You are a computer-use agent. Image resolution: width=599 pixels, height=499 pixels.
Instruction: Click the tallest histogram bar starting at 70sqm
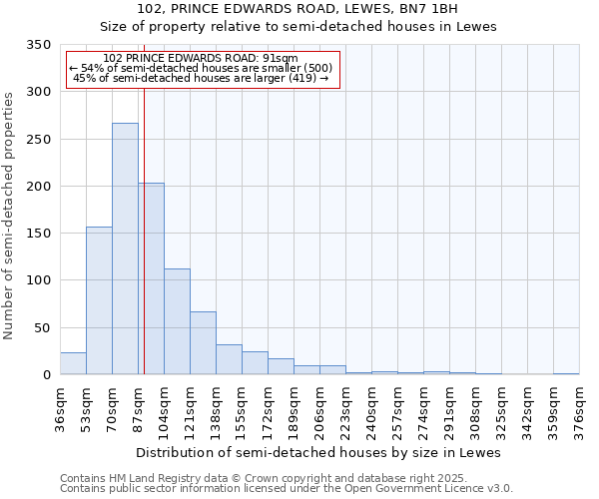pos(125,249)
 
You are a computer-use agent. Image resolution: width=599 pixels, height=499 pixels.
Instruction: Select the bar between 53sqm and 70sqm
pos(99,300)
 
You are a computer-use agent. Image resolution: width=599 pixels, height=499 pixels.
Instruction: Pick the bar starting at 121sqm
pos(203,343)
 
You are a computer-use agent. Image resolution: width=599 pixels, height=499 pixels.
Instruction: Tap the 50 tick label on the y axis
pos(40,327)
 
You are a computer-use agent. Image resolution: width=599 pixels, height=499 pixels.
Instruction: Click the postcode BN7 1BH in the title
pos(431,9)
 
